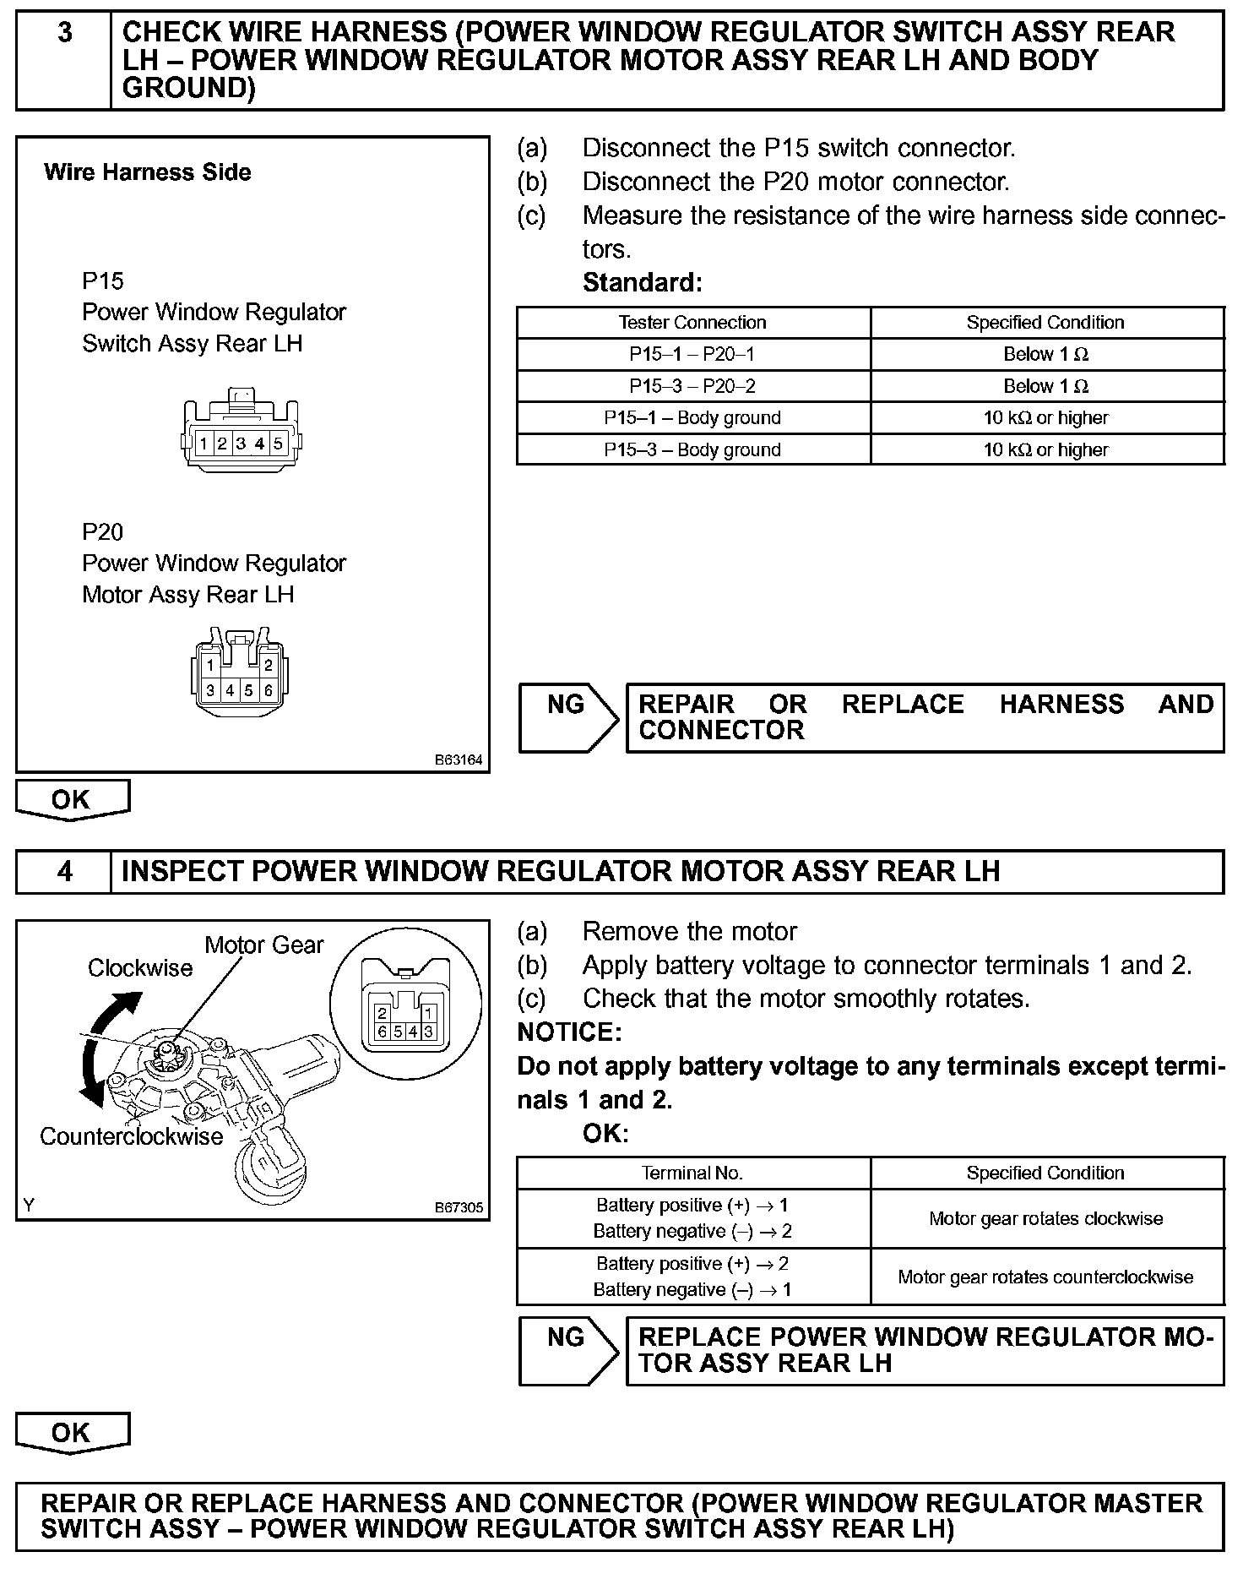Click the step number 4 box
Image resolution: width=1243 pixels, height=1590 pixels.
pos(64,871)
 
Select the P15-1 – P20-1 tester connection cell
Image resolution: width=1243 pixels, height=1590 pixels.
pos(692,354)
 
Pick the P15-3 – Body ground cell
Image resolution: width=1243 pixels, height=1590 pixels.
pos(692,449)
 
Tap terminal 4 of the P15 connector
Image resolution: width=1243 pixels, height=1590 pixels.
pos(259,444)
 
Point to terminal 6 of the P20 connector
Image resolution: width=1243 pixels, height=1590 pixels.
pos(269,690)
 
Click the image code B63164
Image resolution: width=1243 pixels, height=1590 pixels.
pos(459,760)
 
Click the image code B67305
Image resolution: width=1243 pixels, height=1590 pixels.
pos(459,1207)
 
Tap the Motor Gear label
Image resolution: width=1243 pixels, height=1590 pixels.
pos(263,945)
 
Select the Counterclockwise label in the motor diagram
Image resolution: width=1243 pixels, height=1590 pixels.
pos(131,1136)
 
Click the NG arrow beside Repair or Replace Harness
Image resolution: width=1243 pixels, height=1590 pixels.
pos(568,717)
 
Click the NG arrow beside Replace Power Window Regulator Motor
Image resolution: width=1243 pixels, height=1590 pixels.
pos(568,1350)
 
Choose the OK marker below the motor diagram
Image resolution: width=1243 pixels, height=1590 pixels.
pos(72,1433)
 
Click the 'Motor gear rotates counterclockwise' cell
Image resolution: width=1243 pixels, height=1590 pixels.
pos(1045,1277)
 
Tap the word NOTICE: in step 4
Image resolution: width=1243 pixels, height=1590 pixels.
pos(569,1032)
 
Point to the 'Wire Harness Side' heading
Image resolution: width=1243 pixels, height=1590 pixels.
pos(147,172)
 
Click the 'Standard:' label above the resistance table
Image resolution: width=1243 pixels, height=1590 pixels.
pos(642,282)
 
